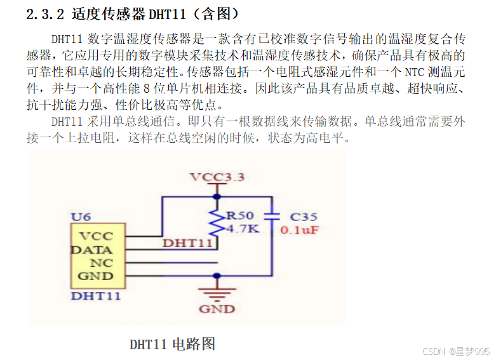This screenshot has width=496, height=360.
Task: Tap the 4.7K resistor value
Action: tap(243, 228)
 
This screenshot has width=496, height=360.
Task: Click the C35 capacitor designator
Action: tap(304, 217)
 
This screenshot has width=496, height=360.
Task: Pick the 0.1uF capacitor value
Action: tap(299, 230)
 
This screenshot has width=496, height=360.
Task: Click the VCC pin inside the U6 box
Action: tap(97, 236)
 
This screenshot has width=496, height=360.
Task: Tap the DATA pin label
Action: tap(92, 250)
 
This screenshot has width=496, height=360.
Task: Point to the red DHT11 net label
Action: tap(187, 243)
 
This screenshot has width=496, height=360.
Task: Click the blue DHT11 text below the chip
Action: tap(96, 295)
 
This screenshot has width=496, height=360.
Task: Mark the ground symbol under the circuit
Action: tap(217, 294)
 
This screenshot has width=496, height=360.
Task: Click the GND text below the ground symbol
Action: tap(217, 309)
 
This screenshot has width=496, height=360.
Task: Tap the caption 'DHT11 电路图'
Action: tap(173, 344)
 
